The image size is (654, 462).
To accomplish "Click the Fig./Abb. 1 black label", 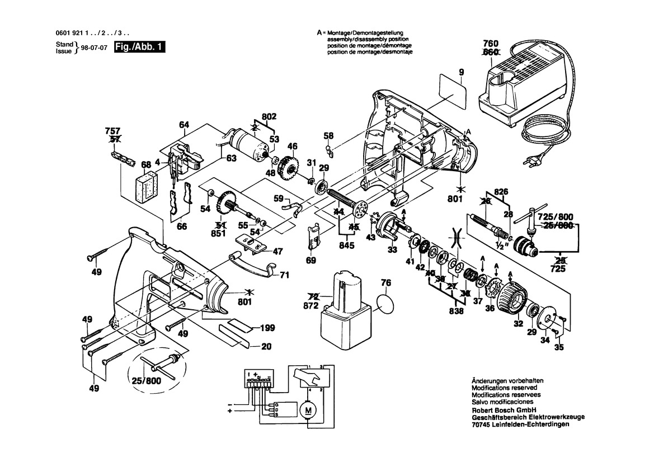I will point(139,48).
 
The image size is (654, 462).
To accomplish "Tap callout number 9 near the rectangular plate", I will point(462,72).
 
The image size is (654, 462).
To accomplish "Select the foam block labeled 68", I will point(148,186).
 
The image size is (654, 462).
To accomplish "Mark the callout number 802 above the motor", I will point(270,117).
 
